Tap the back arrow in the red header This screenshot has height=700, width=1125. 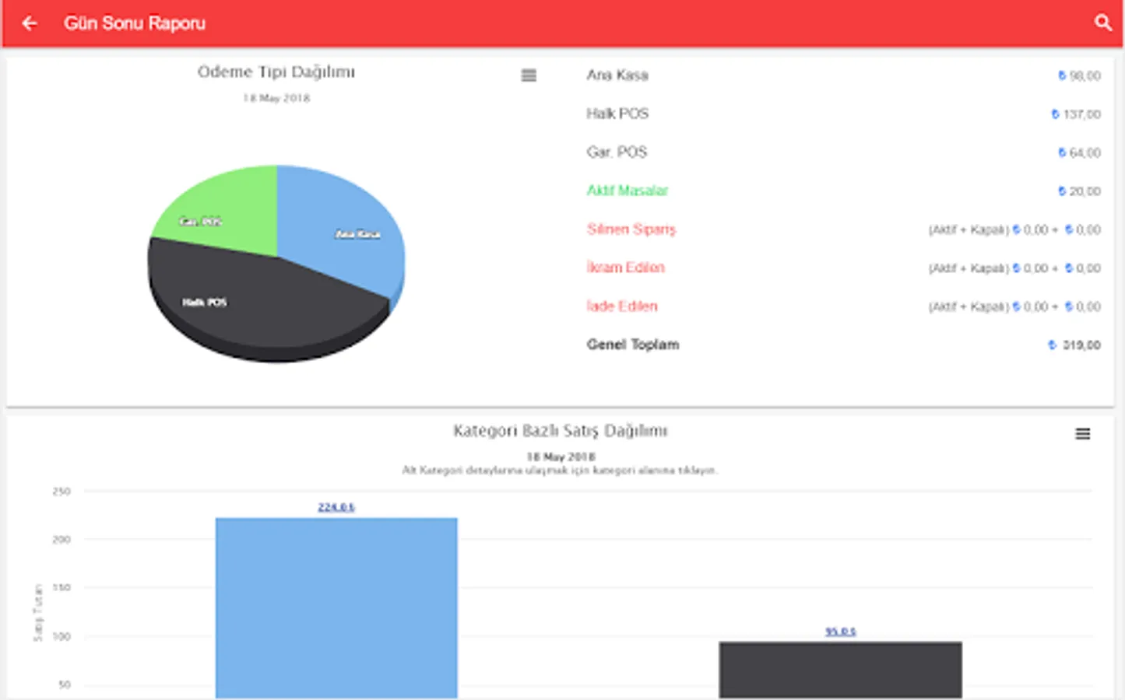[x=30, y=23]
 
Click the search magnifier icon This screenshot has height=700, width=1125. [x=1102, y=23]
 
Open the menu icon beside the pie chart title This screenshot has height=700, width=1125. [x=529, y=75]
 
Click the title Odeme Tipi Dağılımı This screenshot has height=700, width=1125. [x=276, y=72]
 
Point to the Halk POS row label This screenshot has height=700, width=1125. [x=617, y=114]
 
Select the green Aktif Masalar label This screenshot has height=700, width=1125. [x=627, y=191]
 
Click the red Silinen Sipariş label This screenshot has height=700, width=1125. [x=631, y=229]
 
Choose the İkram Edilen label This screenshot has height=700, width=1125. [x=625, y=268]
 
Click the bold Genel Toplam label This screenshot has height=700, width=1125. [x=633, y=345]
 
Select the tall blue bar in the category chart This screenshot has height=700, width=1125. [x=336, y=607]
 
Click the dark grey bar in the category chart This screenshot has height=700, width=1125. [x=840, y=669]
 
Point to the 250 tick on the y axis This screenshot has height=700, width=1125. [x=62, y=492]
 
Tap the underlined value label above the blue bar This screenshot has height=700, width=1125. [x=336, y=507]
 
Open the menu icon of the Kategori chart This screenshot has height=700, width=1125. [x=1082, y=434]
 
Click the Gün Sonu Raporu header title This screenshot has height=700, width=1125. [x=135, y=23]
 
